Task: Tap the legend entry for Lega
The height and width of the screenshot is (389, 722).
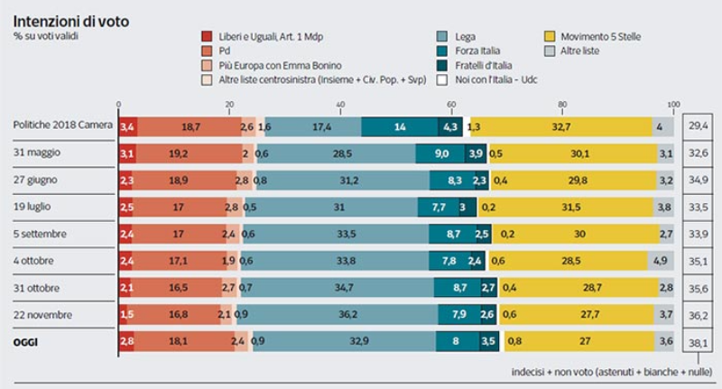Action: tap(464, 36)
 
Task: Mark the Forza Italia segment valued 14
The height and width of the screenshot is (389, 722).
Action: tap(399, 126)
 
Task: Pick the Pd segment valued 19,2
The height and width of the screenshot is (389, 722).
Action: tap(190, 153)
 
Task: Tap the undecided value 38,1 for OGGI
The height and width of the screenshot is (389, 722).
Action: tap(698, 343)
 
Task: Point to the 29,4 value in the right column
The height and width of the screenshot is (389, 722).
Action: tap(698, 126)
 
